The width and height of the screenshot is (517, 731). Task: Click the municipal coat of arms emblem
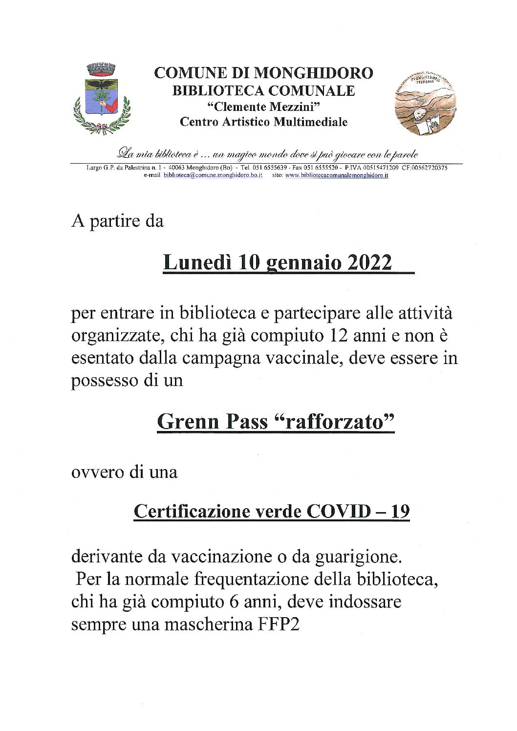click(x=102, y=99)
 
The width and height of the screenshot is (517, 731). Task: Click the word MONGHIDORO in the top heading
click(x=313, y=73)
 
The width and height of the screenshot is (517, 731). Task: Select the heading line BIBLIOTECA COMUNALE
click(x=263, y=90)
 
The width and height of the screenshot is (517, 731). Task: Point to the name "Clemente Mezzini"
click(x=263, y=107)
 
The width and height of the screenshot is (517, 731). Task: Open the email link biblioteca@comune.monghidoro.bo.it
click(x=213, y=175)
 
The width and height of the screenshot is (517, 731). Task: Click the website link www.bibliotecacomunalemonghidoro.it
click(x=337, y=175)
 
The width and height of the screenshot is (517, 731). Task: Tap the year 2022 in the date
click(x=369, y=262)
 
